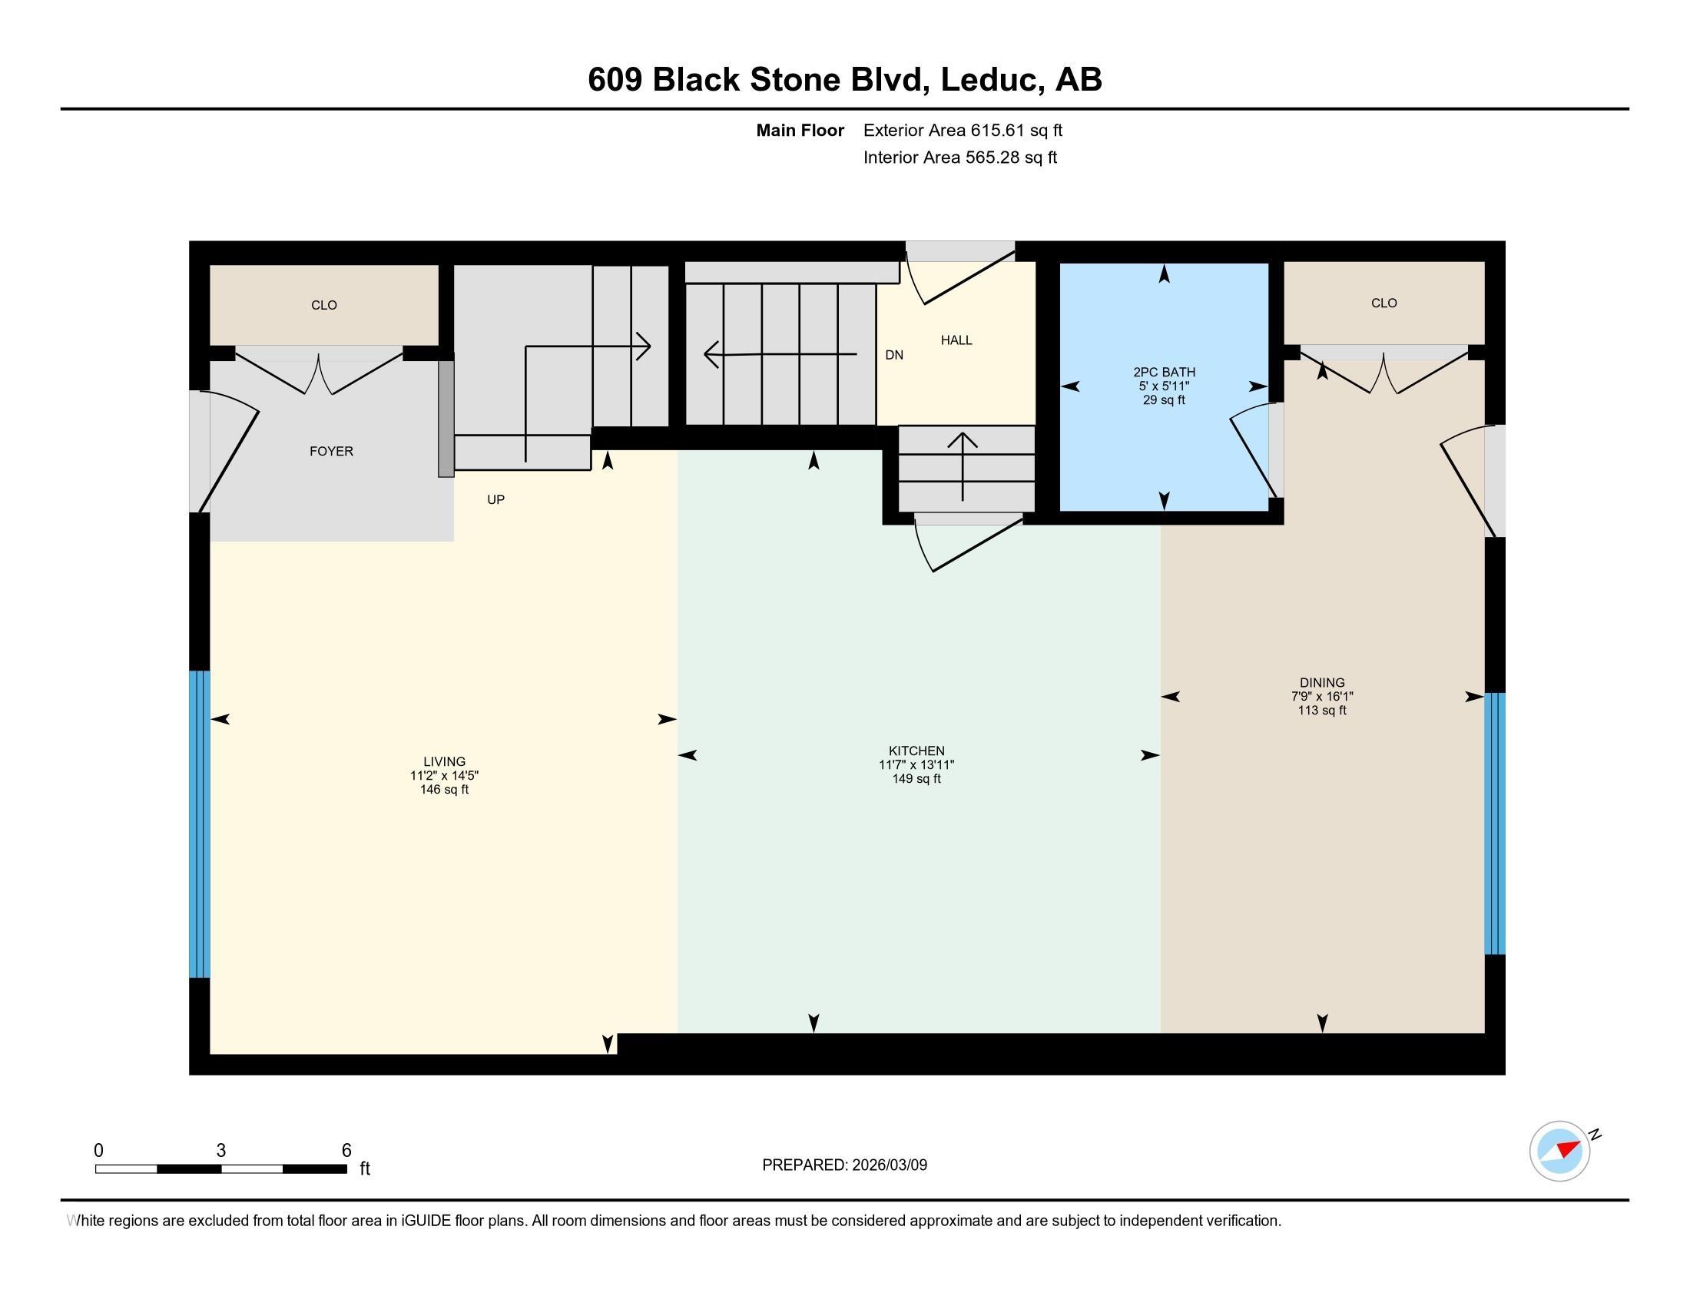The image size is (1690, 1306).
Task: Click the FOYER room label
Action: coord(331,451)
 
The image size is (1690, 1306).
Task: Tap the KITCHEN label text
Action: coord(916,751)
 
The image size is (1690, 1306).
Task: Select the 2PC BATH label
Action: coord(1164,372)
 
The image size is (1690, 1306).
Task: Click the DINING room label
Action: coord(1322,682)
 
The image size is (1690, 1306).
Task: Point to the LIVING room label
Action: coord(444,761)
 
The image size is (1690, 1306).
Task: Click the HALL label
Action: coord(956,340)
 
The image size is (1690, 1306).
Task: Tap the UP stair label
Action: coord(496,500)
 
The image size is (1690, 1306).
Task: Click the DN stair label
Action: coord(893,355)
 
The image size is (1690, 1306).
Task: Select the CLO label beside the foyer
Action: coord(324,305)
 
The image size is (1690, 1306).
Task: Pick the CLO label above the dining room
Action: coord(1383,303)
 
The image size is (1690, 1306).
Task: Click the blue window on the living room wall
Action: coord(200,824)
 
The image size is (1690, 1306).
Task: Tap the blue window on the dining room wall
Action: coord(1494,824)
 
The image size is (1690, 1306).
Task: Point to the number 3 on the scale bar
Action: coord(221,1151)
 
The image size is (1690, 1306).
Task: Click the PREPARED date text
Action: coord(844,1165)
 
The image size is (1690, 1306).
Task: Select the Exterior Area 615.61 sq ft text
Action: coord(963,131)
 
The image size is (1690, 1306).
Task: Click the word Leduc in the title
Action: coord(988,80)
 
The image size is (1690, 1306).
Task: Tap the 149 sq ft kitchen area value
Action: coord(916,779)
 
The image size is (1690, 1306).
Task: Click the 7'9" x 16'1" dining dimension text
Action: coord(1322,696)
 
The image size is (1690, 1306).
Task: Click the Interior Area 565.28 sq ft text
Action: coord(959,157)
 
